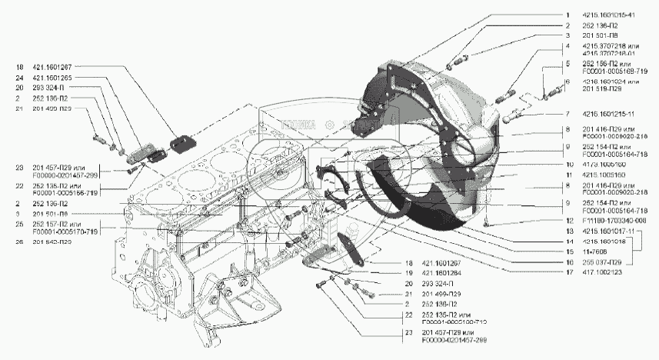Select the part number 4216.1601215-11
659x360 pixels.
(x=610, y=114)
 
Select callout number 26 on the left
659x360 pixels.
(x=17, y=241)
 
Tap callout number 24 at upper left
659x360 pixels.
(x=17, y=78)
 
